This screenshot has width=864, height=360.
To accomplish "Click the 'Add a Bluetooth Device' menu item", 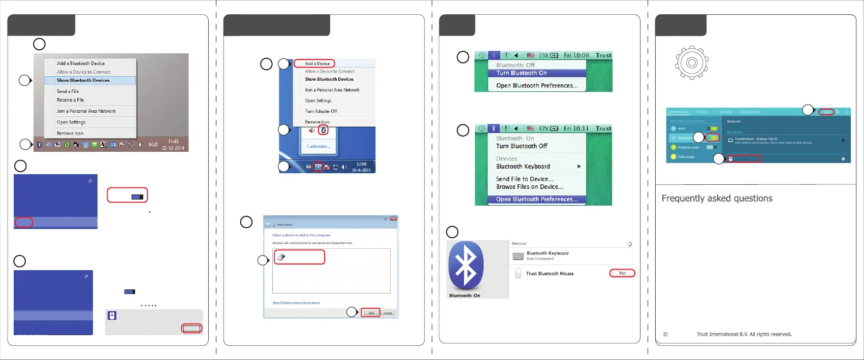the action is point(81,63).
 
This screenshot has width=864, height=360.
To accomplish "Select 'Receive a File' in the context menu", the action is point(70,100).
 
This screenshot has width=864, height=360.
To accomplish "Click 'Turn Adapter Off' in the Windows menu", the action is point(321,111).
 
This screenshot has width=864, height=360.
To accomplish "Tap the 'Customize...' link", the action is point(318,146).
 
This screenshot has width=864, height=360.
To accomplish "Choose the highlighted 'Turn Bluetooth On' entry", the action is point(522,73).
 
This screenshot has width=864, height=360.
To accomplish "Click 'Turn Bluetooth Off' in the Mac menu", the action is point(522,146).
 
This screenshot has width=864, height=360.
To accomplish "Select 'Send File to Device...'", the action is point(525,179).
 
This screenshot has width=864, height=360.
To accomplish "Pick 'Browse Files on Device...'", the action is point(530,187).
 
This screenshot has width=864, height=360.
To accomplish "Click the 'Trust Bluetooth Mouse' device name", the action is point(550,274).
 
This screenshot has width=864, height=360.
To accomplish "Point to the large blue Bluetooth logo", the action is point(466,266).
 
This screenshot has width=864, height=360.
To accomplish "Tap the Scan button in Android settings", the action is point(826,112).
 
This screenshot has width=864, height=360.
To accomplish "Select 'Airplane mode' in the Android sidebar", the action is point(688,148).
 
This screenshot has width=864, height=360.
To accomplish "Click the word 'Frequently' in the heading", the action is point(683,199).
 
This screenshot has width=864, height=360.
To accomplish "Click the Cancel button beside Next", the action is point(388,313).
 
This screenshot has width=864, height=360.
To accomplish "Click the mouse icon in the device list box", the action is point(281,257).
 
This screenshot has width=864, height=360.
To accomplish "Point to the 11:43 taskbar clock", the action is point(173,142).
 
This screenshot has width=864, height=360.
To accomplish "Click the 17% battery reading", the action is point(543,128).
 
